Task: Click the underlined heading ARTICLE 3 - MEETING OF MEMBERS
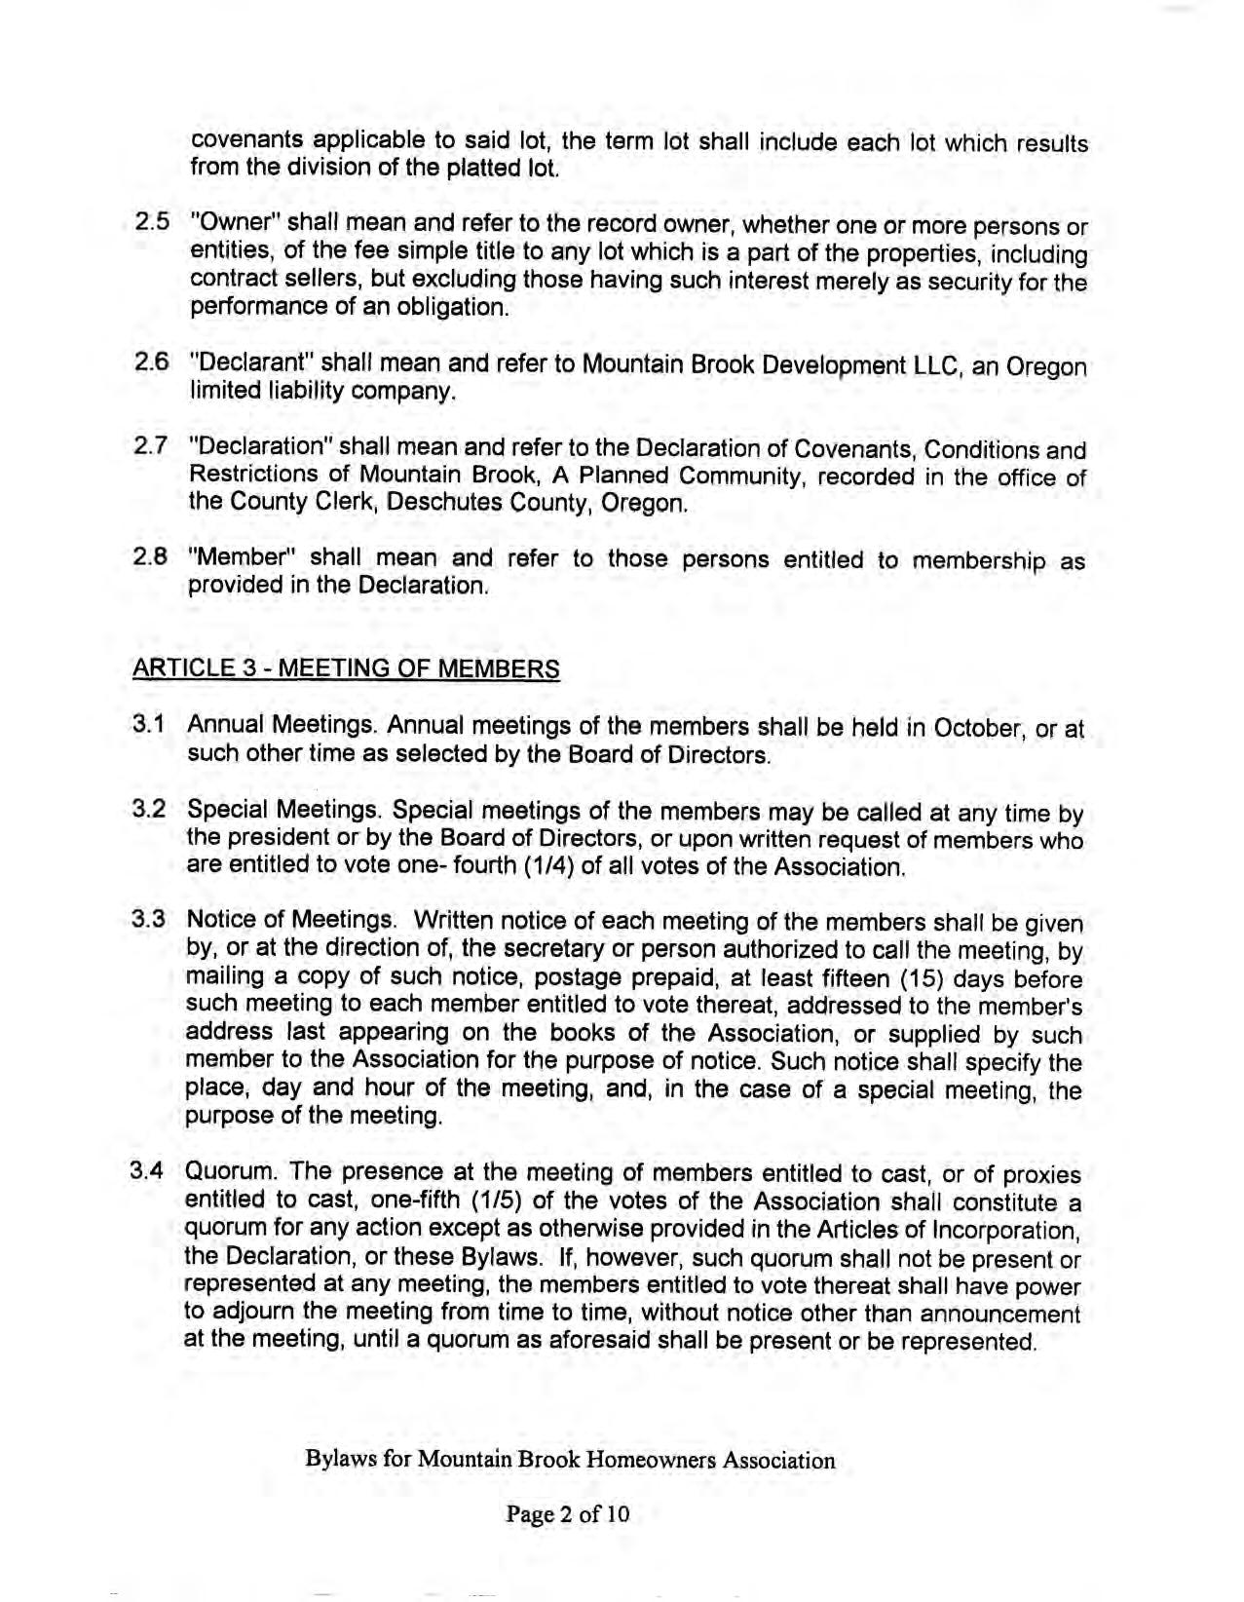click(346, 669)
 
